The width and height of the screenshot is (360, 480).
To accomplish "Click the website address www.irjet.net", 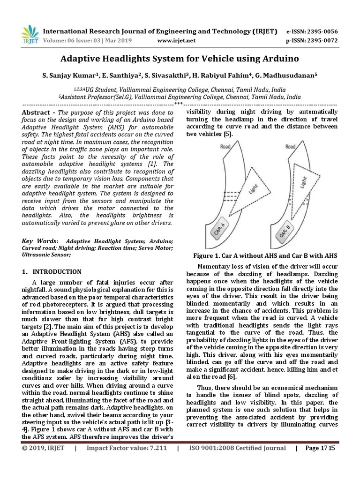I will [x=176, y=40].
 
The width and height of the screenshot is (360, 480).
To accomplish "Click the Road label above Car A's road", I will [x=225, y=147].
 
